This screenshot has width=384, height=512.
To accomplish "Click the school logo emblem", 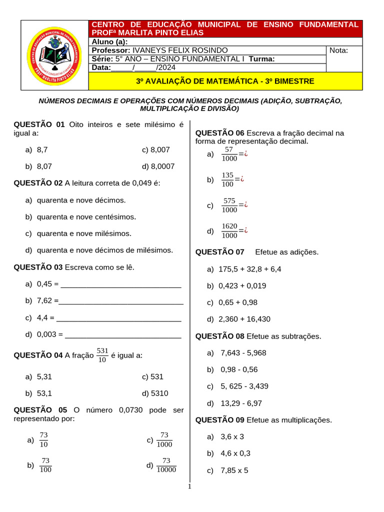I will [x=54, y=55].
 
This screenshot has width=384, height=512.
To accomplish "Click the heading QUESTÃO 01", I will [x=39, y=124].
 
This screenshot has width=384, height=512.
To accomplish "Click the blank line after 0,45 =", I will [x=120, y=284].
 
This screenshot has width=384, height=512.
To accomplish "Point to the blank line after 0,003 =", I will [x=123, y=334].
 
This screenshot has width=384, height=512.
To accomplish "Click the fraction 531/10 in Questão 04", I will [x=102, y=355].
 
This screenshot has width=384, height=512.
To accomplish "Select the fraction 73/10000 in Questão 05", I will [x=166, y=465].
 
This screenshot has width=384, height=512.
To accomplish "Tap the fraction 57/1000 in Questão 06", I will [x=229, y=154].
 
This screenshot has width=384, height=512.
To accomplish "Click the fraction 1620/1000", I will [x=229, y=231].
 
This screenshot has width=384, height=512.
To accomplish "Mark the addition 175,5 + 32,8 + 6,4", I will [x=249, y=269].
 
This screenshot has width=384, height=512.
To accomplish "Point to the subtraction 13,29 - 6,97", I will [x=241, y=403].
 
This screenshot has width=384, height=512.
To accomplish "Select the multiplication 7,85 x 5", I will [x=234, y=470].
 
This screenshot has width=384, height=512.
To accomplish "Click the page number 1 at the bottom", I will [x=189, y=487].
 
